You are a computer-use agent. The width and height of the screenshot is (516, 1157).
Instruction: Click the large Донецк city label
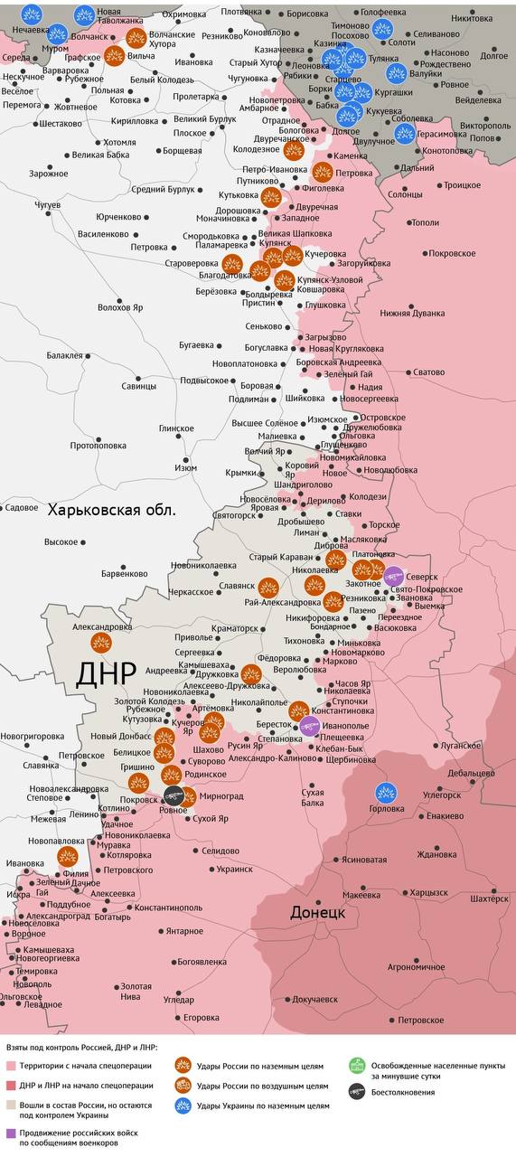pyautogui.click(x=317, y=912)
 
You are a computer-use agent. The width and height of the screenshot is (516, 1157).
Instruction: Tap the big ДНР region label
pyautogui.click(x=106, y=673)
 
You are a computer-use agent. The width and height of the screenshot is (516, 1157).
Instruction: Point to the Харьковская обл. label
pyautogui.click(x=112, y=510)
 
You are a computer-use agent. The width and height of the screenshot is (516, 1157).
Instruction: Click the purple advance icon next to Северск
pyautogui.click(x=393, y=575)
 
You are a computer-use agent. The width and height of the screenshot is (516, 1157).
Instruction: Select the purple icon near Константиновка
pyautogui.click(x=310, y=725)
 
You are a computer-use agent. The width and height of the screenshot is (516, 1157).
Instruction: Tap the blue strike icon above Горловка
pyautogui.click(x=387, y=792)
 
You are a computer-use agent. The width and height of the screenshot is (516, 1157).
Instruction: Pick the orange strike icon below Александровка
pyautogui.click(x=100, y=643)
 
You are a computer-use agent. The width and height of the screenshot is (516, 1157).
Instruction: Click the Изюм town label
pyautogui.click(x=185, y=467)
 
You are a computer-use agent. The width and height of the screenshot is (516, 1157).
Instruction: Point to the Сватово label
pyautogui.click(x=428, y=372)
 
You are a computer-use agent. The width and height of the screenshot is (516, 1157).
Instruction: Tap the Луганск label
pyautogui.click(x=461, y=746)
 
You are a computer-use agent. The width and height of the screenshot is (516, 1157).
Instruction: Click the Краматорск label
pyautogui.click(x=234, y=626)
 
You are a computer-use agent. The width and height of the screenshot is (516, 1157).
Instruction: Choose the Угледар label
pyautogui.click(x=178, y=999)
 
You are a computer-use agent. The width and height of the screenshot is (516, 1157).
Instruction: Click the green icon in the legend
pyautogui.click(x=356, y=1065)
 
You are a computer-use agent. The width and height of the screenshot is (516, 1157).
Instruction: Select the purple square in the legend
pyautogui.click(x=10, y=1133)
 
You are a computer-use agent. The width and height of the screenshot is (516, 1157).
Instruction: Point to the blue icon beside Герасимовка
pyautogui.click(x=405, y=134)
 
